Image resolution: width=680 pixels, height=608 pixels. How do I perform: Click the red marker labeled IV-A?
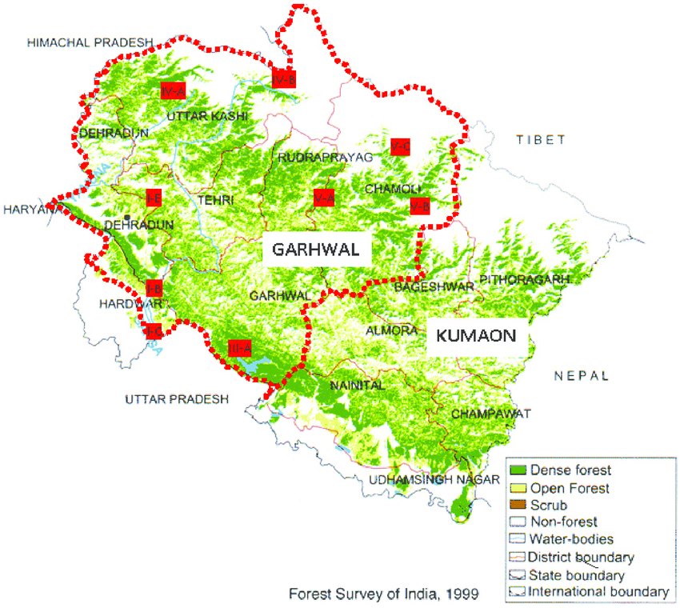[x=172, y=90]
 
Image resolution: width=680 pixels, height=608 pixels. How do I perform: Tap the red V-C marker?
[x=400, y=146]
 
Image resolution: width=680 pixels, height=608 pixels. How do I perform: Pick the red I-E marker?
[x=154, y=196]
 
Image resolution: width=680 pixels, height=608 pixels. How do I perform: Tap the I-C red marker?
[x=154, y=330]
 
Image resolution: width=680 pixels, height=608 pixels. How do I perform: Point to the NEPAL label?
[x=582, y=375]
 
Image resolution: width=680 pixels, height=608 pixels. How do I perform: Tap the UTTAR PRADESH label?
[x=176, y=399]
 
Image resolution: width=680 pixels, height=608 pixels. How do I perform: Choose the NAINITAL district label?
[x=358, y=385]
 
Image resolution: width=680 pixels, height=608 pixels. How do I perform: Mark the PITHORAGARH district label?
[x=525, y=279]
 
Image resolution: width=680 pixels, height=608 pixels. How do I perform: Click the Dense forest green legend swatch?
[x=518, y=470]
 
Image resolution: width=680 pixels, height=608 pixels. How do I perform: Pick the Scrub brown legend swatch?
[x=518, y=505]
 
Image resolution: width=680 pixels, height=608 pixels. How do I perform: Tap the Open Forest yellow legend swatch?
[x=518, y=488]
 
